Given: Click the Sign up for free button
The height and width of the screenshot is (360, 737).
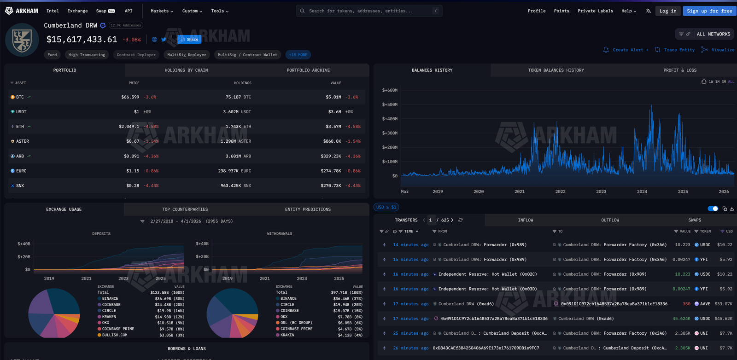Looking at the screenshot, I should pos(709,11).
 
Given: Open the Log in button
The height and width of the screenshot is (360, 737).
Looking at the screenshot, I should pos(667,11).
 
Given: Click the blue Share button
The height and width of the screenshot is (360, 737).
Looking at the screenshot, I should pos(189,40).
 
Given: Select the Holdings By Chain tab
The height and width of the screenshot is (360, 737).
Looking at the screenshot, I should pos(186,70).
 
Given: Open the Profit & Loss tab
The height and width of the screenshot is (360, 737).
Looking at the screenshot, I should pos(679,70).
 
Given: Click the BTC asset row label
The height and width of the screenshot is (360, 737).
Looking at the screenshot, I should pos(20,97).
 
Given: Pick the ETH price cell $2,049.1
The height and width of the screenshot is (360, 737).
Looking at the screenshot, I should pos(129,127).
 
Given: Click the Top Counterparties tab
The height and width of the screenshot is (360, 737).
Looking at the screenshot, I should pos(185,209).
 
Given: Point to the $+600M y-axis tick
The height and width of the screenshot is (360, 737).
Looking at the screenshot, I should pos(390,90).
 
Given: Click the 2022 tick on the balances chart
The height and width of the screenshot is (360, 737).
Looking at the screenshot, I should pos(560,192).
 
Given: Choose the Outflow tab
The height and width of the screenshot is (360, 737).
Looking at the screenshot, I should pos(610,221).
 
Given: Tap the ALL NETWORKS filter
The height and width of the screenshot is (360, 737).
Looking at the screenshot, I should pos(713,34).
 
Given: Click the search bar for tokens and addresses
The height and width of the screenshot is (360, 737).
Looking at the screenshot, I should pos(368,11).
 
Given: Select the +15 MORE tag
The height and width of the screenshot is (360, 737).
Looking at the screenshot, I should pos(298,55).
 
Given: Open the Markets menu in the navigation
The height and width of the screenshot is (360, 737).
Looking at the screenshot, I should pos(162,11).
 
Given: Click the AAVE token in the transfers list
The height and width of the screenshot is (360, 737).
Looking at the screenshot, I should pos(705,304).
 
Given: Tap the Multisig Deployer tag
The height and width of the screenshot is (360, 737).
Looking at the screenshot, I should pos(187,55).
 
